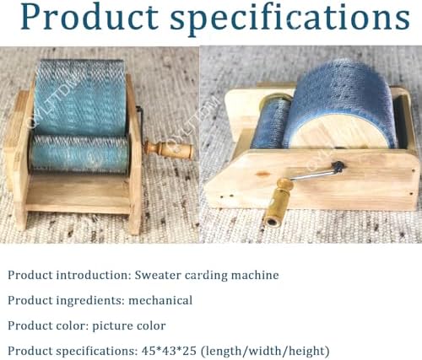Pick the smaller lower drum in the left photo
click(x=81, y=155)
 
